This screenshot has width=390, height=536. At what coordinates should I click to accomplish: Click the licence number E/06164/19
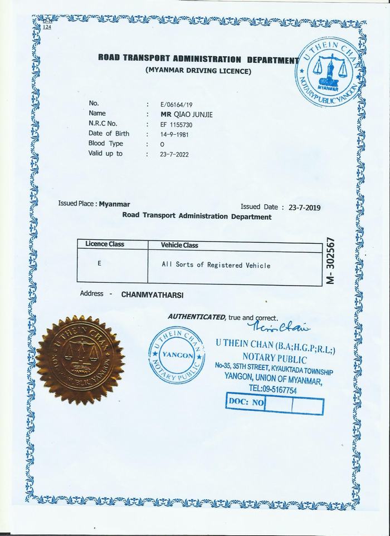click(175, 104)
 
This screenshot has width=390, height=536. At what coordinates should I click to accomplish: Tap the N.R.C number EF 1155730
click(175, 125)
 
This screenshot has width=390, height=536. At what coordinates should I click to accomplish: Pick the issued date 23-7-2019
click(305, 207)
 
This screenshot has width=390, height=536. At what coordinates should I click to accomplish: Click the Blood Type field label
click(105, 144)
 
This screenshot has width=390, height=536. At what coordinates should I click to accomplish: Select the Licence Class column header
click(105, 244)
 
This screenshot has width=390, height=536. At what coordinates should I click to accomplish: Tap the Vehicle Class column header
click(179, 245)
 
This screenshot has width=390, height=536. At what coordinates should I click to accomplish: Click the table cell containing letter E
click(99, 263)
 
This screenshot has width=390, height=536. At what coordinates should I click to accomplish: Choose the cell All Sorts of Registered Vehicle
click(216, 265)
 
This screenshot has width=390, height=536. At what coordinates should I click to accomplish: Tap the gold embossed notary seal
click(80, 360)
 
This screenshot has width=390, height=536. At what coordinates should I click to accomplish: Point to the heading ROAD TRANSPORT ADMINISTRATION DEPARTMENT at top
click(195, 59)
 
